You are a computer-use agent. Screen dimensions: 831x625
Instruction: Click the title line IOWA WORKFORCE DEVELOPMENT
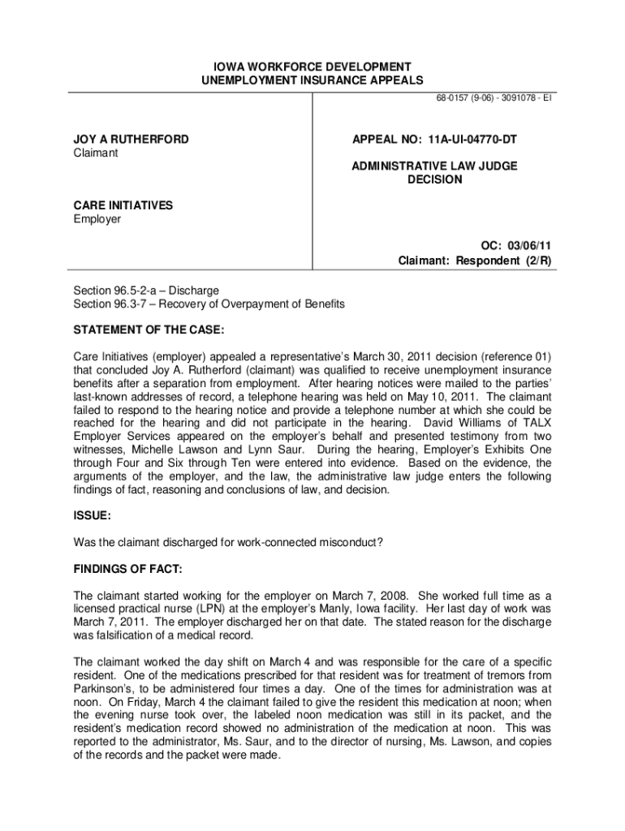[x=312, y=67]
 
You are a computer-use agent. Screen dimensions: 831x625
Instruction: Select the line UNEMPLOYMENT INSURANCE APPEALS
[x=312, y=80]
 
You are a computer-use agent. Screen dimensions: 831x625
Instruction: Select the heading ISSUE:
[x=92, y=515]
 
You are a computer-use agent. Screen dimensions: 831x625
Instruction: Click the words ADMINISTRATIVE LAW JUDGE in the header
[x=434, y=166]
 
